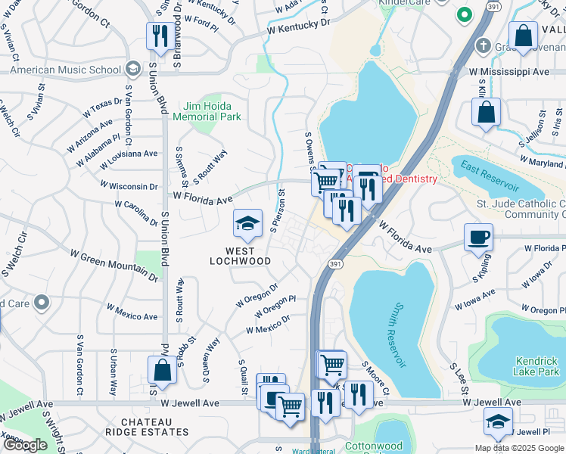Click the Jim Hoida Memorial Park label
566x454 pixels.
pos(207,111)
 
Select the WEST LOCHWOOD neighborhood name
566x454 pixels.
pos(240,255)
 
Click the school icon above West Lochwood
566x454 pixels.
pos(247,224)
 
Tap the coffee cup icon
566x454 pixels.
pos(478,238)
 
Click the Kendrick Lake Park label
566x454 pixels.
pos(536,366)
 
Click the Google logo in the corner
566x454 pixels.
pos(25,445)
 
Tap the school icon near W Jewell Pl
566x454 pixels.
pos(498,421)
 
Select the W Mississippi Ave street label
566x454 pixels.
pos(508,71)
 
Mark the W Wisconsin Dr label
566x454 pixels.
pos(130,185)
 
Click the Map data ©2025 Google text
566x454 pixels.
pos(518,448)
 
